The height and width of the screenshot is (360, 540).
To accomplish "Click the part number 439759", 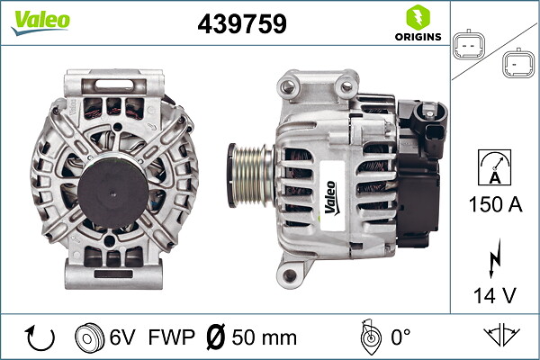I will coord(241,24).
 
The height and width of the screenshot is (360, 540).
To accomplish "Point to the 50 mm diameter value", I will coord(263,338).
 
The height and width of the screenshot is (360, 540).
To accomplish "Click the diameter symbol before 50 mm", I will coord(216,338).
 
